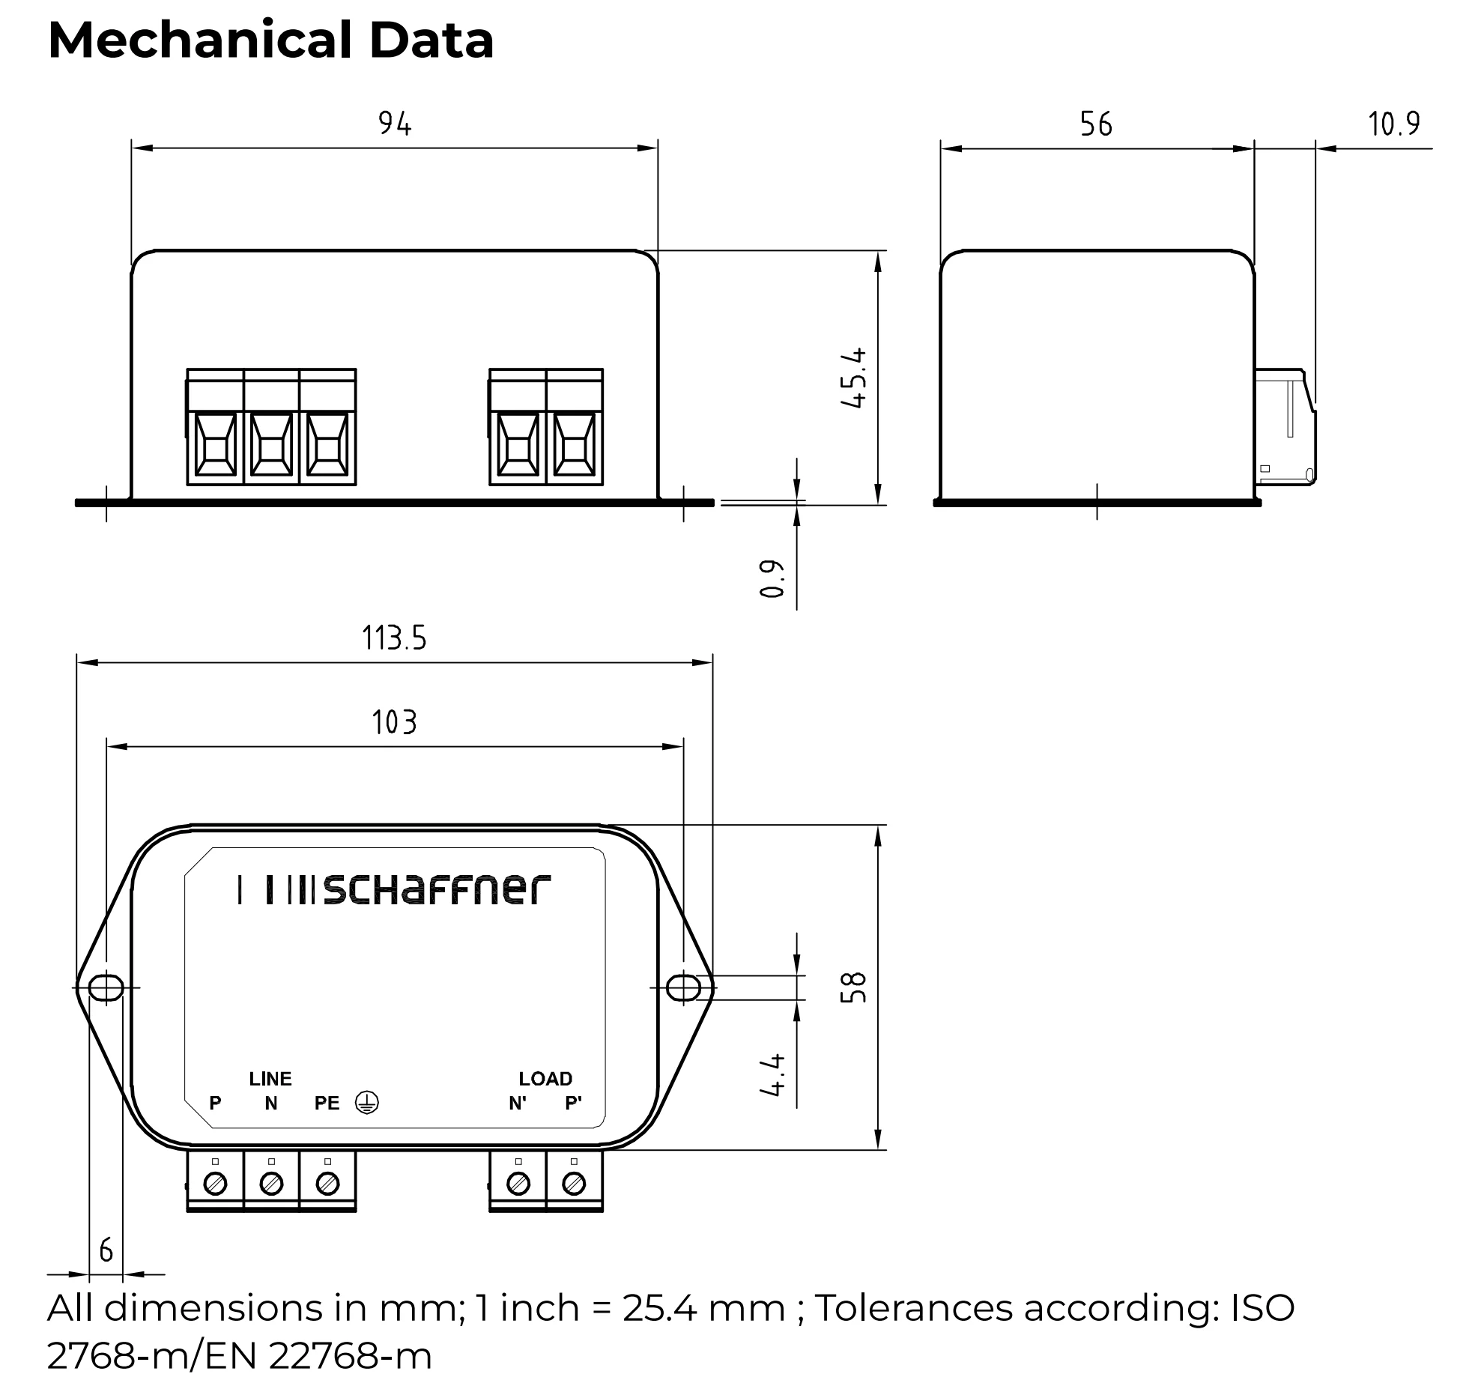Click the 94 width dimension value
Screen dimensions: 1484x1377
(x=395, y=124)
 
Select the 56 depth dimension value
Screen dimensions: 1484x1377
(x=1096, y=124)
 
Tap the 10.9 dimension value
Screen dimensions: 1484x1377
(x=1393, y=124)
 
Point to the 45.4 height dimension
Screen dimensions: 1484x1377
(x=854, y=378)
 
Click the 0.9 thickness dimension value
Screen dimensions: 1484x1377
(x=772, y=578)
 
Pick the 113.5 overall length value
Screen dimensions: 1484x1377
(x=394, y=638)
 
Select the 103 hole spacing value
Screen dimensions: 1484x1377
(x=394, y=722)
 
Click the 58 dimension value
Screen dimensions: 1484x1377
(x=854, y=987)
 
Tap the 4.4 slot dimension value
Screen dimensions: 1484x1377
(x=772, y=1074)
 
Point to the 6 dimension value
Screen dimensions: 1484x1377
(x=106, y=1250)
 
